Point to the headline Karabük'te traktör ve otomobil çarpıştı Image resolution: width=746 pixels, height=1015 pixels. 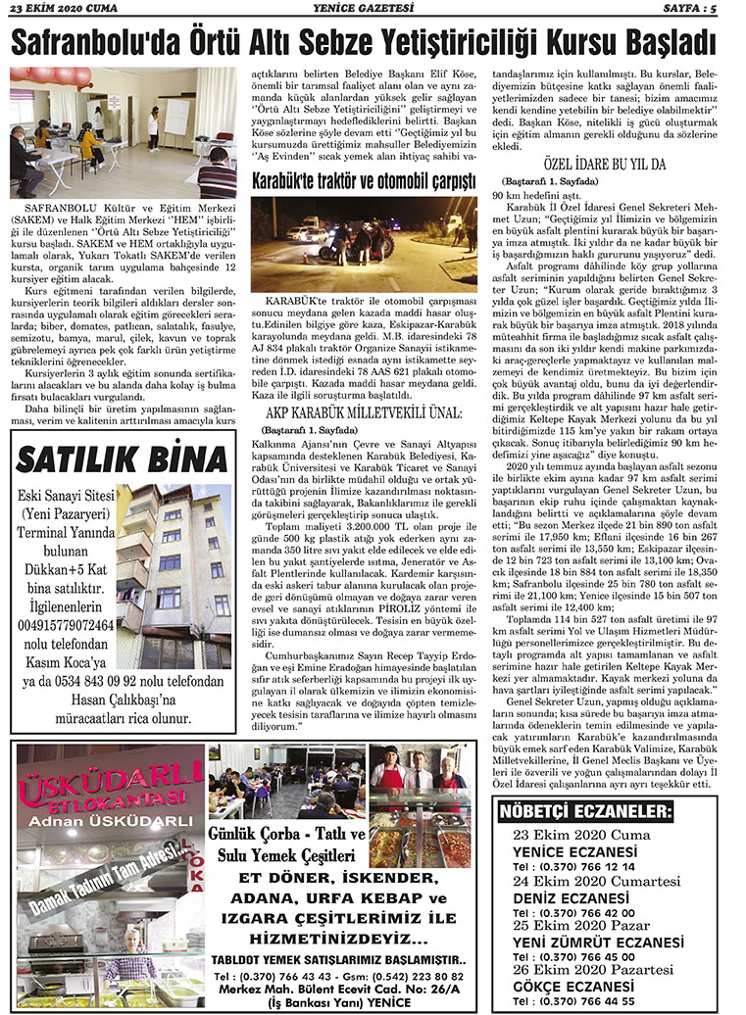(364, 181)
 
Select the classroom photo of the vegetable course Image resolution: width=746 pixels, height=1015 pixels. (123, 133)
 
